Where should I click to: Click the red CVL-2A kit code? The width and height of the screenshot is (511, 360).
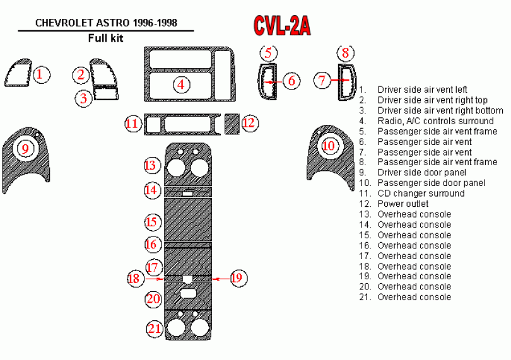281,25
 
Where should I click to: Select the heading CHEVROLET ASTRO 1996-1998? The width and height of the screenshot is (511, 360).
106,23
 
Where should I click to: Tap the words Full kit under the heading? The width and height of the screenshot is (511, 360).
105,38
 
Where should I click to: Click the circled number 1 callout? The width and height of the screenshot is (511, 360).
40,75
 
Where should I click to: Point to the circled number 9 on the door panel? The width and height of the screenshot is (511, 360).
25,149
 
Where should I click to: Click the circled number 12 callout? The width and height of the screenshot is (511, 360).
250,123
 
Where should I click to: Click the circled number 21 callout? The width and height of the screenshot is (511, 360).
155,328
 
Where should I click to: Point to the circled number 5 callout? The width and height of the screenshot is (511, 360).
269,52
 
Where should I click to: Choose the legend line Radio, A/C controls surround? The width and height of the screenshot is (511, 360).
435,121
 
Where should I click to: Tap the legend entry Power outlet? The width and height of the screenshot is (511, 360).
402,204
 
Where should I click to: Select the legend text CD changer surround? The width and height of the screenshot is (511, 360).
421,194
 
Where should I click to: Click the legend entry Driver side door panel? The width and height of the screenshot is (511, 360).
421,173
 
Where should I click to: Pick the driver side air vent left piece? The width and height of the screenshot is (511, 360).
17,75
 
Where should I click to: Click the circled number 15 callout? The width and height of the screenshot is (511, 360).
151,222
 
